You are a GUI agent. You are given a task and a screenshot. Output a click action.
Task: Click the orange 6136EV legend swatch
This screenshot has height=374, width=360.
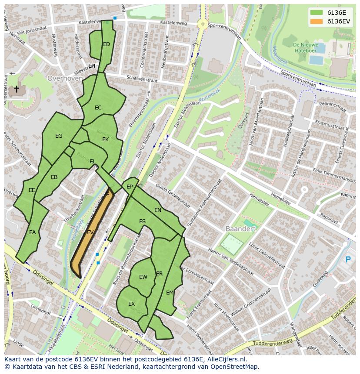[x=317, y=21]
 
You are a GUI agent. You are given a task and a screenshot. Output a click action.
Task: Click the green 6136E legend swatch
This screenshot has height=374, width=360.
[x=317, y=12]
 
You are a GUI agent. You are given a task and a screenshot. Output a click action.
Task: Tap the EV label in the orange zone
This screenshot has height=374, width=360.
[x=90, y=232]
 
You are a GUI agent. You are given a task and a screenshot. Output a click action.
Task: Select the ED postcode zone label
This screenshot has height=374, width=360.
[x=107, y=44]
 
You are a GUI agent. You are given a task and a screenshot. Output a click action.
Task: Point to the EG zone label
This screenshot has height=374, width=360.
[x=59, y=136]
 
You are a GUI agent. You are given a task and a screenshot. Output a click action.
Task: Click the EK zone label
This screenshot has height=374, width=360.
[x=105, y=139]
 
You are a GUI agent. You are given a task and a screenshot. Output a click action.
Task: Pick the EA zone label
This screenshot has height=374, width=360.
[x=32, y=232]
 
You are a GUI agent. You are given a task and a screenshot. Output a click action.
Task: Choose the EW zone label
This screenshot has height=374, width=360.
[x=143, y=277]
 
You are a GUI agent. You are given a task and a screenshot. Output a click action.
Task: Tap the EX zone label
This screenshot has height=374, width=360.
[x=131, y=304]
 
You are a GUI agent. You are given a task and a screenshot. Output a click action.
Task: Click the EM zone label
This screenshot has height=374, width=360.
[x=170, y=293]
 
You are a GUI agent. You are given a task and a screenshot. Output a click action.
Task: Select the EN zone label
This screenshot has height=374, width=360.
[x=158, y=210]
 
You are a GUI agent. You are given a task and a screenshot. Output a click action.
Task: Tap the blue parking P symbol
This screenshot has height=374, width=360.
[x=347, y=260]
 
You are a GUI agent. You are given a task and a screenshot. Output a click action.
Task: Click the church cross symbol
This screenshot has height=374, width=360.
[x=17, y=89]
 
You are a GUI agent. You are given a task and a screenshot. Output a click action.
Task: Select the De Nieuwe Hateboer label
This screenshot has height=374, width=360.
[x=305, y=47]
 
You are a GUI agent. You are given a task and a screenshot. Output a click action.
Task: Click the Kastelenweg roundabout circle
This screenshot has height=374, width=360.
[x=202, y=24]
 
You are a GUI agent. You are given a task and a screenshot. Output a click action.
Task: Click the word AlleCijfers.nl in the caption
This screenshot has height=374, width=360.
[x=225, y=359]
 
